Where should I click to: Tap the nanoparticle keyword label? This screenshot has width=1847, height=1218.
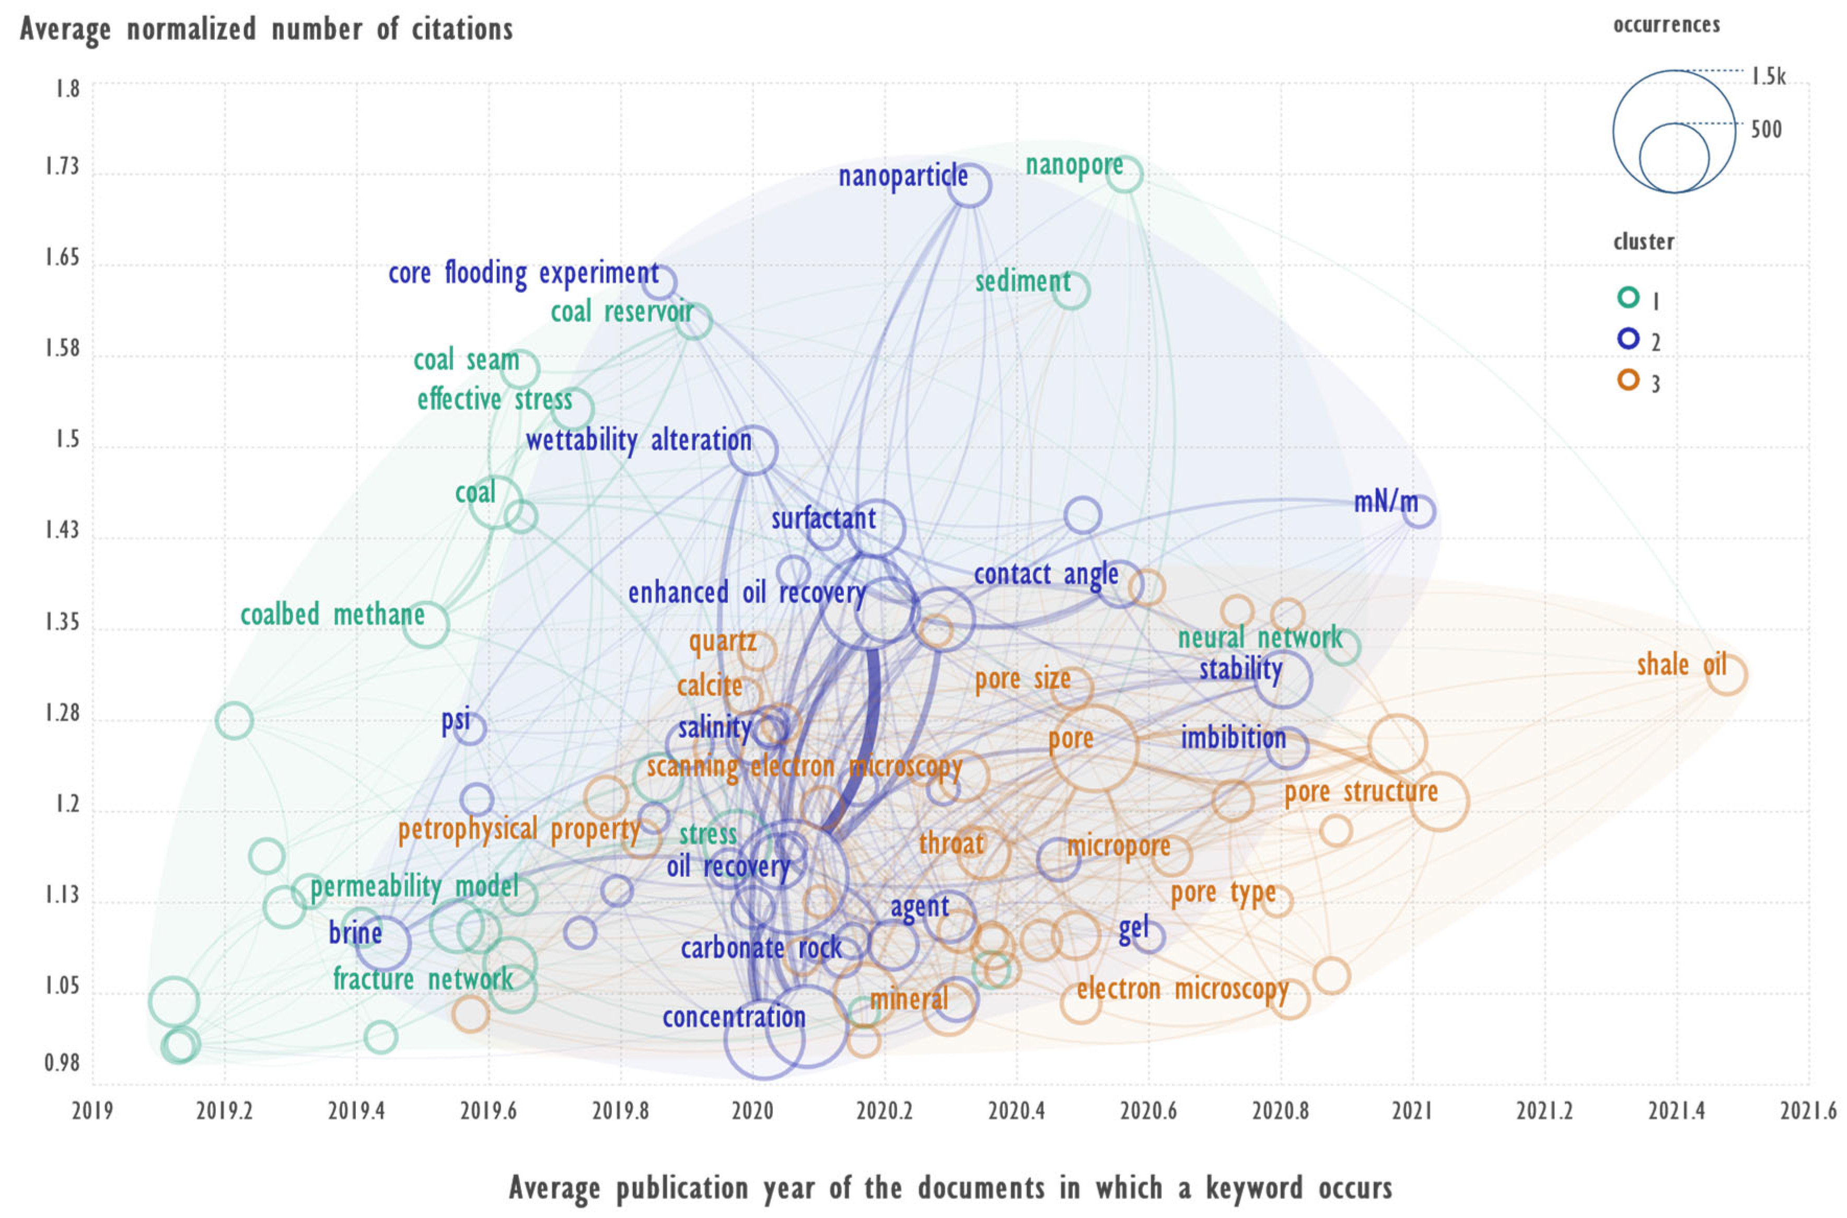pos(902,176)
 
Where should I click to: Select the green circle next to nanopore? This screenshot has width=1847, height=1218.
pos(1124,174)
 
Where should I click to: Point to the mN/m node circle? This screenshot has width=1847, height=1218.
pos(1419,511)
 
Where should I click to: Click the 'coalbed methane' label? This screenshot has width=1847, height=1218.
pos(332,615)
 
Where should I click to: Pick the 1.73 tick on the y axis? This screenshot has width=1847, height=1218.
pos(62,166)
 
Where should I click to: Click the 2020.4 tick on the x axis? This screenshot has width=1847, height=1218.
pos(1016,1111)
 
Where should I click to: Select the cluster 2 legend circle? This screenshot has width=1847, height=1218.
pos(1628,339)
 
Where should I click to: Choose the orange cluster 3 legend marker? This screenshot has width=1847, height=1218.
pos(1628,380)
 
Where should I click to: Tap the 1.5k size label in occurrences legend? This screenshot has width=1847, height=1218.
pos(1768,76)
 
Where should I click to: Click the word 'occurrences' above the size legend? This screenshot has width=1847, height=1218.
pos(1666,25)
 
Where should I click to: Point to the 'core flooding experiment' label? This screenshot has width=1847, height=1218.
pos(524,273)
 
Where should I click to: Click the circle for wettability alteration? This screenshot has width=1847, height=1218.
pos(752,450)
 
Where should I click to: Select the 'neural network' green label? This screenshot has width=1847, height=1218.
pos(1260,639)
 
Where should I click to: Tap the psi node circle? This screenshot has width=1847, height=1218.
pos(470,728)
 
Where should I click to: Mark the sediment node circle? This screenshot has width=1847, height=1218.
pos(1071,290)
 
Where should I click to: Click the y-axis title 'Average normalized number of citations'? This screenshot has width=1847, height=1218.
pos(266,29)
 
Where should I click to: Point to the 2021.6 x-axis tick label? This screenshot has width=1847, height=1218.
pos(1808,1111)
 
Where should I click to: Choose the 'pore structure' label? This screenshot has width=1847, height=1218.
pos(1361,792)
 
